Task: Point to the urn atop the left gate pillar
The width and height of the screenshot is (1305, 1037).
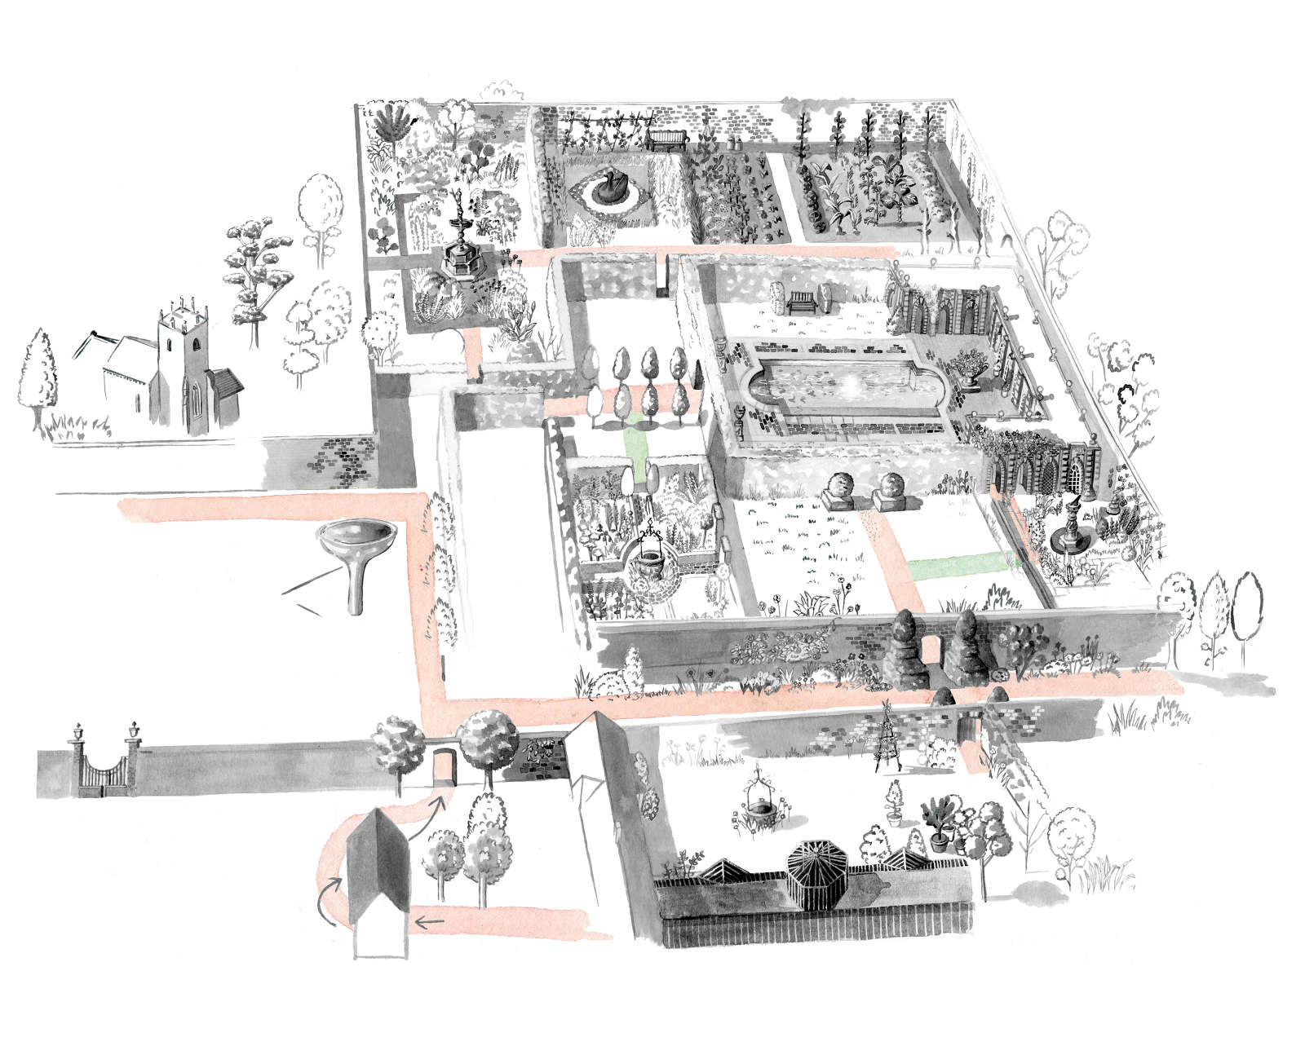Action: (78, 730)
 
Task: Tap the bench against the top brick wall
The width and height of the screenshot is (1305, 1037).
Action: (668, 140)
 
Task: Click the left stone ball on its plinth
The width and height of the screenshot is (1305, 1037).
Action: (841, 492)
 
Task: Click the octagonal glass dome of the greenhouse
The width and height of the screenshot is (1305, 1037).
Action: (815, 864)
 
